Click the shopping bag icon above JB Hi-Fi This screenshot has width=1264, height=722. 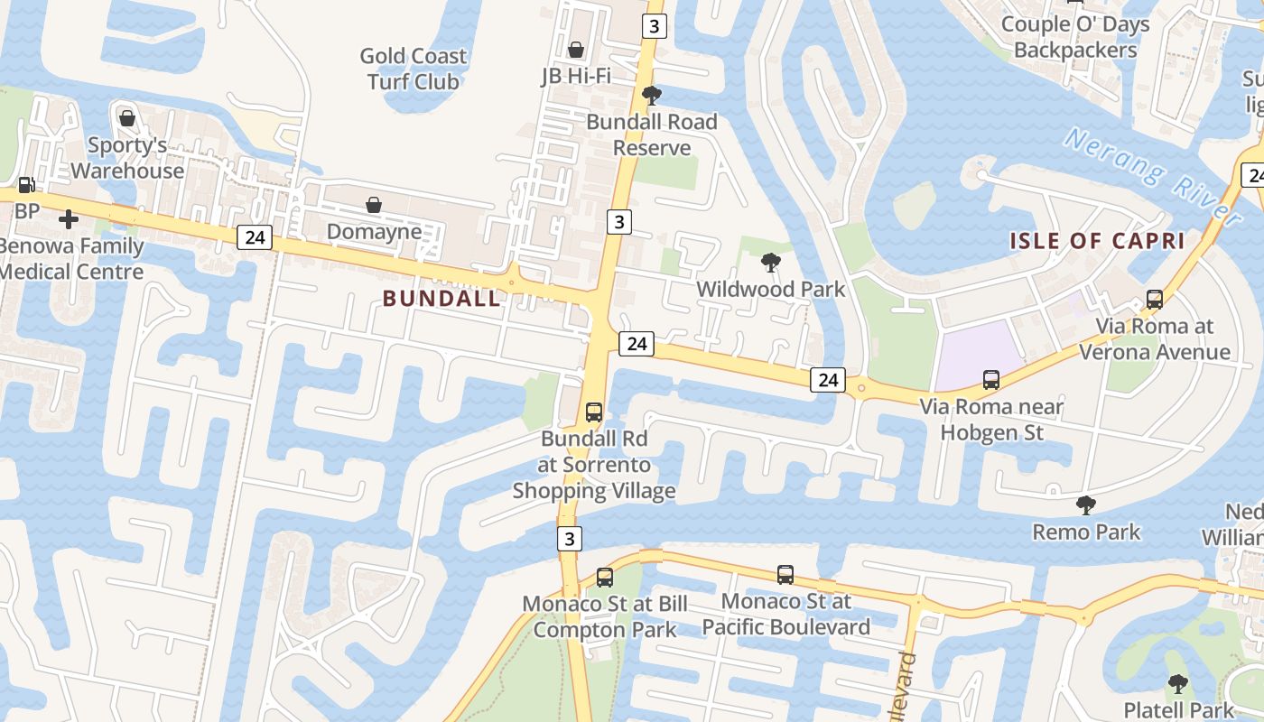pos(575,49)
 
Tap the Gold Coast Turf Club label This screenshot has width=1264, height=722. pos(414,69)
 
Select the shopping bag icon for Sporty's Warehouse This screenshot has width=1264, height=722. pos(127,118)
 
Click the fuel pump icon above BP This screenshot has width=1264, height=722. pos(27,185)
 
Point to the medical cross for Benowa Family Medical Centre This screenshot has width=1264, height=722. pos(69,218)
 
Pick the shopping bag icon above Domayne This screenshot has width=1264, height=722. pos(374,205)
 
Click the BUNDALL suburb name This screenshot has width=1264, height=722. pos(441,299)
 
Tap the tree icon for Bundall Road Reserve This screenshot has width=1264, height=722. pos(651,96)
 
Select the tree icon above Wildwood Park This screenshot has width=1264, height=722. pos(771,263)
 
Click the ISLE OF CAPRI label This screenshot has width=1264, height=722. pos(1097,241)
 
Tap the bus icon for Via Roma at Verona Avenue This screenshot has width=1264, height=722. pos(1154,300)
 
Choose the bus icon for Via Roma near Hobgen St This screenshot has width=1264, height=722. pos(991,380)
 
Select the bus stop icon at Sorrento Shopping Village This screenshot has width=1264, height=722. pos(594,412)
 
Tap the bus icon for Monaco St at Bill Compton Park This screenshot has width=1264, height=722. pos(605,577)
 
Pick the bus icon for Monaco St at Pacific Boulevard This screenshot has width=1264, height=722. pos(785,574)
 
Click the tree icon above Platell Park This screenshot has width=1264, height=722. pos(1177,683)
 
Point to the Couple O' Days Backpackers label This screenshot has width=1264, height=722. pos(1075,37)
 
